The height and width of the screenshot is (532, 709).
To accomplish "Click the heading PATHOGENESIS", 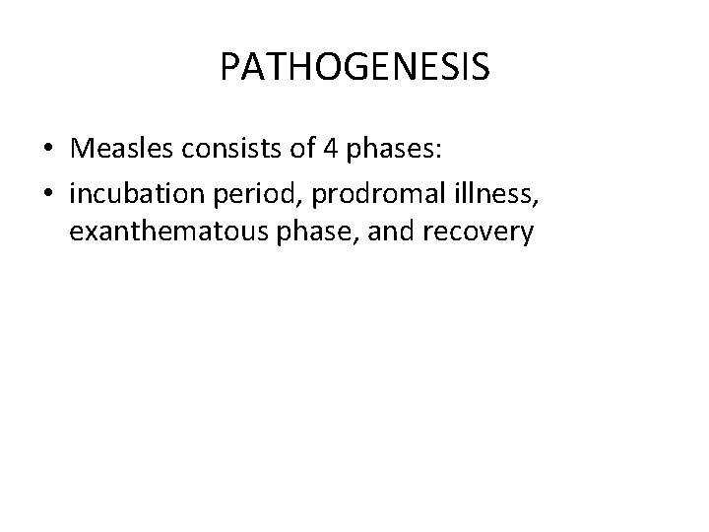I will click(x=354, y=67).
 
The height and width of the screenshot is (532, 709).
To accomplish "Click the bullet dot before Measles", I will click(x=48, y=149).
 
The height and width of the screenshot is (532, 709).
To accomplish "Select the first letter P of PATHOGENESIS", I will click(x=230, y=67).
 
